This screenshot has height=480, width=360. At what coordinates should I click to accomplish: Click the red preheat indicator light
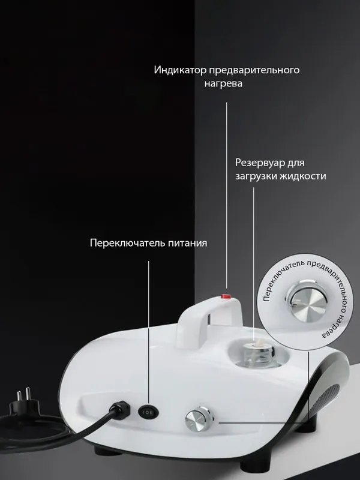tap(226, 296)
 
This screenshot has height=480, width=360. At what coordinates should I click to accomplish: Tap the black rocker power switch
tap(148, 412)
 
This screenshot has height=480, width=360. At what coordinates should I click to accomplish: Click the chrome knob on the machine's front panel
tap(199, 419)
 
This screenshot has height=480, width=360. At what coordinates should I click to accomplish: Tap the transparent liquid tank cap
tap(254, 353)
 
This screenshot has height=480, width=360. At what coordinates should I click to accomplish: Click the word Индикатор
tap(180, 70)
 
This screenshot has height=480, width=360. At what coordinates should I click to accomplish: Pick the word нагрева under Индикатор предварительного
tap(223, 83)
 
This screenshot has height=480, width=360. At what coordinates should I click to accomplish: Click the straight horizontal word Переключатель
tap(128, 243)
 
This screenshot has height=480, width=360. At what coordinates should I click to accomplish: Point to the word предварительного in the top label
tap(254, 70)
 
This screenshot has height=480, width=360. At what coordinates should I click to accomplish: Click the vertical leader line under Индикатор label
tap(227, 196)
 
